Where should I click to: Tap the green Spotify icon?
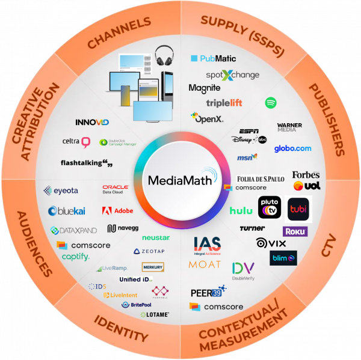[x=271, y=103]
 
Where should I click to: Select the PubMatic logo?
[x=214, y=59]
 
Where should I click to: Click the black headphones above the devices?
[x=164, y=58]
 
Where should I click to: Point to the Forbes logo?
[x=306, y=175]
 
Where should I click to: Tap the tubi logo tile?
[x=299, y=209]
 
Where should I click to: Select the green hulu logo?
[x=241, y=210]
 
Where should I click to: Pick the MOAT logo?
[x=205, y=264]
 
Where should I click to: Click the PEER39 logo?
[x=208, y=293]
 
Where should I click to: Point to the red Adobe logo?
[x=118, y=211]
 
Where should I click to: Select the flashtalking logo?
[x=87, y=162]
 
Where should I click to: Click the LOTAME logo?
[x=155, y=314]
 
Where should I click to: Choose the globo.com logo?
[x=293, y=148]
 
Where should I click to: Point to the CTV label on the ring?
[x=329, y=245]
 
